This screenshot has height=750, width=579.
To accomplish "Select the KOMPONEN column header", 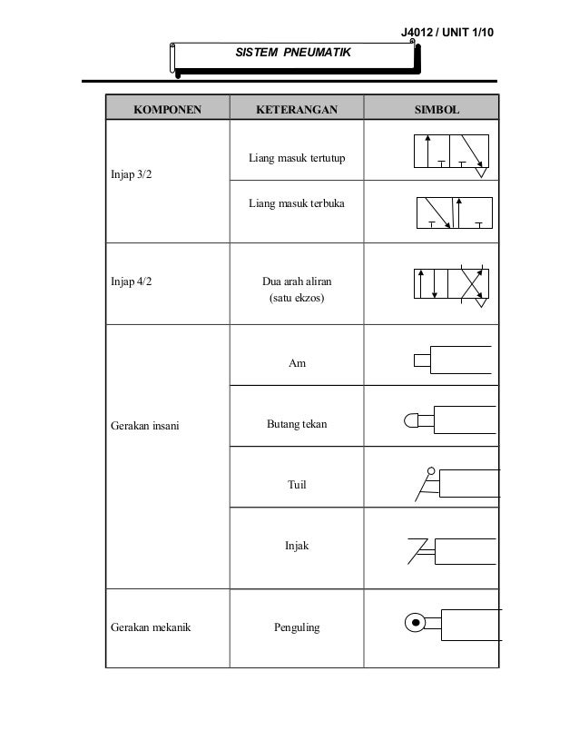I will [x=168, y=110].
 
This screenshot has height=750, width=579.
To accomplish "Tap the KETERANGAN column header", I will [x=296, y=110].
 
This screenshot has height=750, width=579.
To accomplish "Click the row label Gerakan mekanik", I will [x=148, y=627].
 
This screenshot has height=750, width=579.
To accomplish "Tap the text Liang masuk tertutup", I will [x=297, y=161].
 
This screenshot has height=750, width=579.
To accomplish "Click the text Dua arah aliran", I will [x=297, y=282].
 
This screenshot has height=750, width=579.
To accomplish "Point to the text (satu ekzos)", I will [x=297, y=298].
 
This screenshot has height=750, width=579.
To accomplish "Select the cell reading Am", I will [x=297, y=363].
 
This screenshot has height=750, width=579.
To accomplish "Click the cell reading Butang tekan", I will [x=297, y=424].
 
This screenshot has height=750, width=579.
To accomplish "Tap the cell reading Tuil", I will [x=297, y=485].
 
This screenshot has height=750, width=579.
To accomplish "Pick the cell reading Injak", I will [x=297, y=547].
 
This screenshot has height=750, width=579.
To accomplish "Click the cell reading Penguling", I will [x=297, y=627].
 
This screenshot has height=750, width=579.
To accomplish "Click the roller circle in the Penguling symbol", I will [x=415, y=623].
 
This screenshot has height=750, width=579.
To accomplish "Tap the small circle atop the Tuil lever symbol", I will [x=431, y=471].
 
